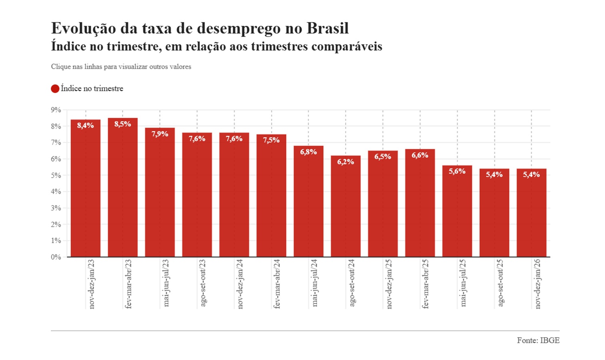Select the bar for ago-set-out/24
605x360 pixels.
tap(345, 208)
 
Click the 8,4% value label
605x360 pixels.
tap(86, 126)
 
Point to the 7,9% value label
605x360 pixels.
tap(160, 134)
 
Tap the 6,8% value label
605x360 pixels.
tap(308, 152)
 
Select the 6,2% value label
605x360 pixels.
tap(345, 162)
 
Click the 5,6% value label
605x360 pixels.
tap(457, 172)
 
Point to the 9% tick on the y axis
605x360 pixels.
tap(56, 110)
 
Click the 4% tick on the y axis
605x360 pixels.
tap(56, 192)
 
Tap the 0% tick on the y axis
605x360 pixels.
tap(56, 257)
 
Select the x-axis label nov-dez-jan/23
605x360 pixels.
tap(92, 284)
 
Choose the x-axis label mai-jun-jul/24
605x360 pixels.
tap(314, 283)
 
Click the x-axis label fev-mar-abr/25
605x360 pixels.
tap(425, 284)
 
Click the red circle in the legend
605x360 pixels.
tap(55, 89)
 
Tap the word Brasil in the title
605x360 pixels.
tap(327, 28)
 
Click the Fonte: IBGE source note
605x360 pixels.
tap(538, 340)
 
